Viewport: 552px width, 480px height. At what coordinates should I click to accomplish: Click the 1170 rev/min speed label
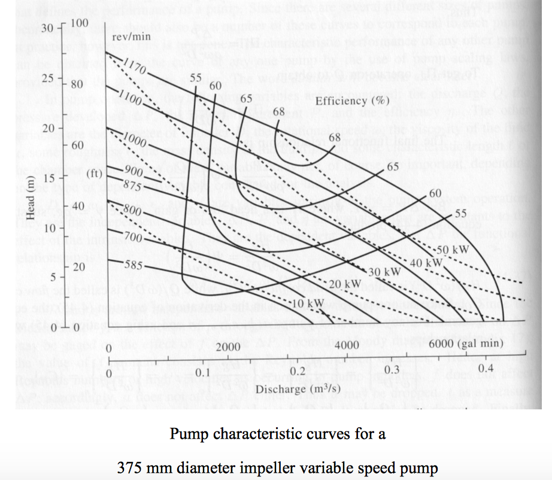[x=135, y=66]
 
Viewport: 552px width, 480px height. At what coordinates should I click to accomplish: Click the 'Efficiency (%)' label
[x=353, y=100]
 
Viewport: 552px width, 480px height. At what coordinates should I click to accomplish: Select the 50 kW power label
[x=451, y=248]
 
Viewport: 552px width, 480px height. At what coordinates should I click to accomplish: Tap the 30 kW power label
[x=383, y=272]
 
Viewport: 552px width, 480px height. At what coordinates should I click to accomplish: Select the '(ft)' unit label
[x=96, y=174]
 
